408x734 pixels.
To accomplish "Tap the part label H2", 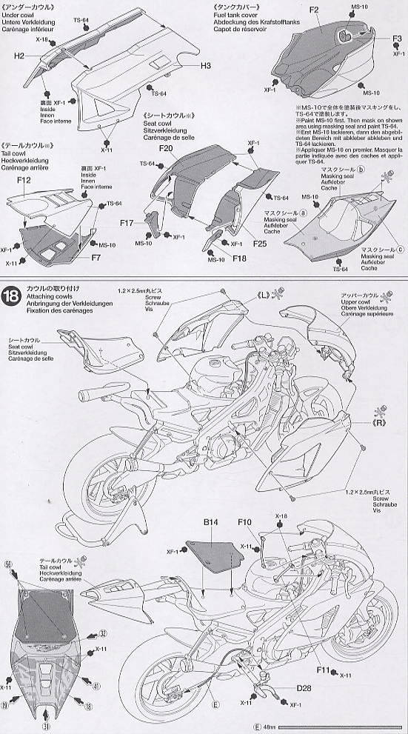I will [19, 56].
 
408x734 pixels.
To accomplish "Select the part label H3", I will [206, 66].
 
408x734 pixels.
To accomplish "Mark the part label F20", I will [165, 149].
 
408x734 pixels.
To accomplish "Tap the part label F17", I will [127, 223].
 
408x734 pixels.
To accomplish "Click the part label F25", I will [258, 243].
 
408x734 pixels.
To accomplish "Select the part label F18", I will [238, 258].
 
